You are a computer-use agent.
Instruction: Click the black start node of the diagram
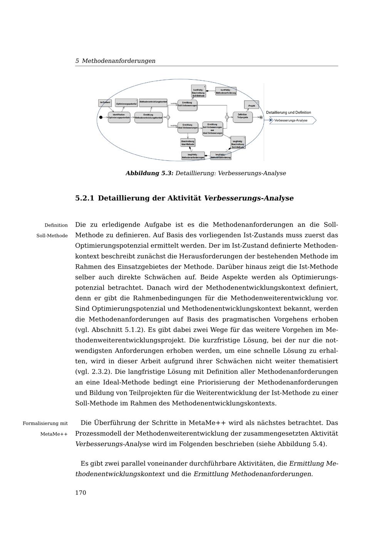pyautogui.click(x=101, y=117)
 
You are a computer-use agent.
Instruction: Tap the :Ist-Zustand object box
pyautogui.click(x=105, y=103)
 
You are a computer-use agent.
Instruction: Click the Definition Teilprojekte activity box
pyautogui.click(x=243, y=117)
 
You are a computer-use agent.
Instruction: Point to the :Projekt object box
pyautogui.click(x=251, y=105)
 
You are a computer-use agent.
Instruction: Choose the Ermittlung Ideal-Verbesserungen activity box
pyautogui.click(x=187, y=127)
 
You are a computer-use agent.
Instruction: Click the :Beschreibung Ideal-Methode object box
pyautogui.click(x=188, y=142)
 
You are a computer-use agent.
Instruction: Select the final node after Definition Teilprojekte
pyautogui.click(x=261, y=117)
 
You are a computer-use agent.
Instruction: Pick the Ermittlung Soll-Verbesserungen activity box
pyautogui.click(x=187, y=104)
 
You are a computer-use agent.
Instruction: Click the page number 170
pyautogui.click(x=80, y=493)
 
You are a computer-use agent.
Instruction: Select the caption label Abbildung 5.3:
pyautogui.click(x=149, y=173)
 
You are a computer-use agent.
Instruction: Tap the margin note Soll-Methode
pyautogui.click(x=52, y=235)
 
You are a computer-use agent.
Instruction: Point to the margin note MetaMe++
pyautogui.click(x=54, y=434)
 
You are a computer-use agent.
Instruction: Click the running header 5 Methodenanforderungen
pyautogui.click(x=115, y=61)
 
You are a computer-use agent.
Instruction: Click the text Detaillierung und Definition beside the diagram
pyautogui.click(x=288, y=113)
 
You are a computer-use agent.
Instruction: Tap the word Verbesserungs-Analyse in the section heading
pyautogui.click(x=248, y=198)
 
